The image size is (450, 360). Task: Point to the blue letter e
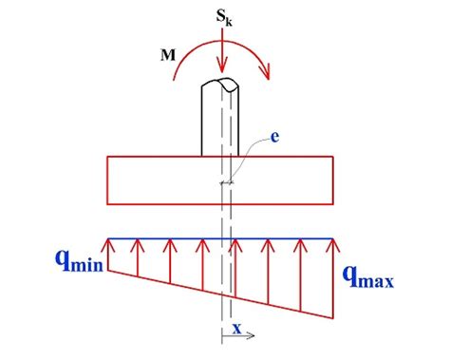click(274, 139)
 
